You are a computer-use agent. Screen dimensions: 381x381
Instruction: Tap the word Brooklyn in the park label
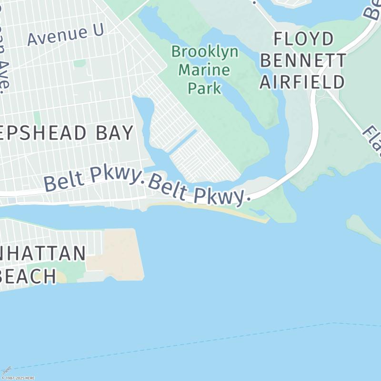(205, 52)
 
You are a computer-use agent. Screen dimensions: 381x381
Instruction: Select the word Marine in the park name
(204, 70)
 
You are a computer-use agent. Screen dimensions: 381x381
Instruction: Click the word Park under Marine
(204, 88)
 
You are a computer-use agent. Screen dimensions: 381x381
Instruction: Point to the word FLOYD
(303, 39)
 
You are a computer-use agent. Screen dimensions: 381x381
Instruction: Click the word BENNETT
(303, 60)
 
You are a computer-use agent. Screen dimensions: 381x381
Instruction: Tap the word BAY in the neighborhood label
(114, 133)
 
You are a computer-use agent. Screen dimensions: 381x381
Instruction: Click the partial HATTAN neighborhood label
(43, 253)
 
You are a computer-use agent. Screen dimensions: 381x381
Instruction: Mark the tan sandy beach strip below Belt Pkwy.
(224, 210)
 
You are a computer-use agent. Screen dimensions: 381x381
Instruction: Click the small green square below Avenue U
(80, 63)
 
